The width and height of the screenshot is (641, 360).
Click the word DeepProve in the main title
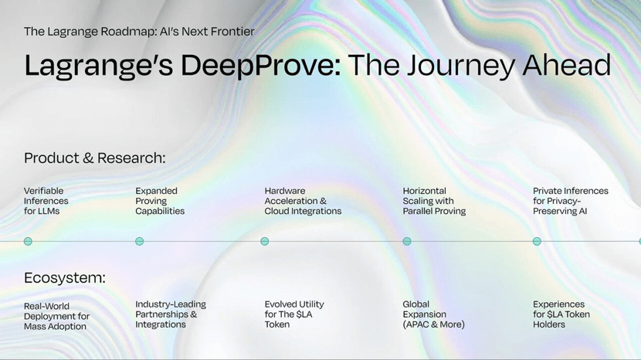(x=261, y=66)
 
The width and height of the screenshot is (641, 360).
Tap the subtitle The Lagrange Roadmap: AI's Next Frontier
(x=140, y=32)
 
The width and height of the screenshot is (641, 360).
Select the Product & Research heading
(x=95, y=158)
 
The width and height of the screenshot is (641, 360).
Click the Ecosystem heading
(x=65, y=278)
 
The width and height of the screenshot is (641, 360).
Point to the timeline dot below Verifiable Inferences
(x=28, y=241)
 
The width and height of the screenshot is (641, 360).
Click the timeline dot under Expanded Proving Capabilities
(x=140, y=241)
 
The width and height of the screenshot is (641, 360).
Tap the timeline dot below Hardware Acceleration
(x=264, y=241)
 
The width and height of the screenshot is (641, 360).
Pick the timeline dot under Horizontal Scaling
(x=407, y=241)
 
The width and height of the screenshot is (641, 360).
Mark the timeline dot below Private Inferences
(x=537, y=241)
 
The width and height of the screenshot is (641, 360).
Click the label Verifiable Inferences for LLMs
(x=46, y=201)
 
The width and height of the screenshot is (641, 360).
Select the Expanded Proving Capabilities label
(x=160, y=201)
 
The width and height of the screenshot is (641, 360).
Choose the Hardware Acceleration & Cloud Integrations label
(x=303, y=201)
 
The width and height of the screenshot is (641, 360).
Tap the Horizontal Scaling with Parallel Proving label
(x=434, y=201)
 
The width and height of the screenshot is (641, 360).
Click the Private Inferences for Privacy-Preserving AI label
(x=570, y=201)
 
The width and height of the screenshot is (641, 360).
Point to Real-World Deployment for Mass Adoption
(x=56, y=316)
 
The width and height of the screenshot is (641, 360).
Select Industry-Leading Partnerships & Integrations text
(x=171, y=314)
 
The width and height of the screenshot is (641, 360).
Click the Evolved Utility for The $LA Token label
(x=294, y=314)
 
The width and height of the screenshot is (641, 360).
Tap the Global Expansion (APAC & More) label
(x=433, y=314)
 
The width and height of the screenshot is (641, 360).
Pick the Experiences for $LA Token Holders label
(x=561, y=314)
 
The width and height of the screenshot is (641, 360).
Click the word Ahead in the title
(x=567, y=66)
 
